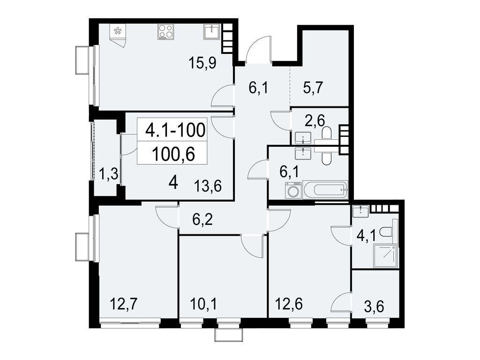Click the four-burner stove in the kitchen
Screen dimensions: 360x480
(165, 32)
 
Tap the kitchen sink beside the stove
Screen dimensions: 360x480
(211, 31)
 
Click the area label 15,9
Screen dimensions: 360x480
(202, 62)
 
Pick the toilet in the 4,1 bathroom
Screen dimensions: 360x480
(387, 232)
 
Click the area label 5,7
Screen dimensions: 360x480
(313, 88)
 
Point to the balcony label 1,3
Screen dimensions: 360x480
(108, 175)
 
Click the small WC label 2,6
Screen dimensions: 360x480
(313, 121)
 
